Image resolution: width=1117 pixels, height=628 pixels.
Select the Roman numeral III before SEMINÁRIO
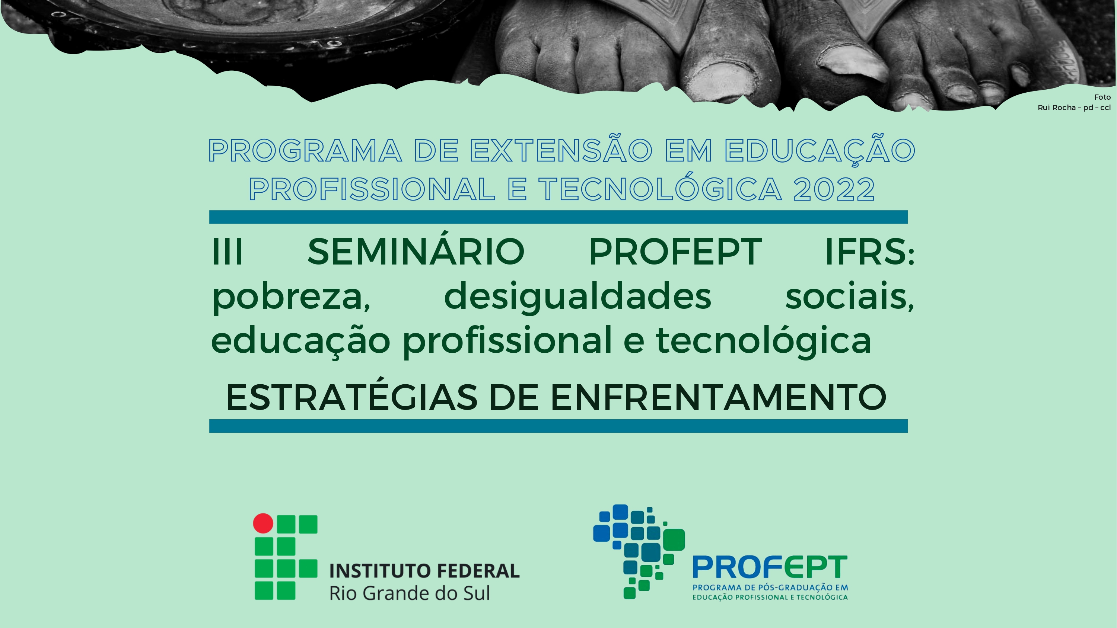227,252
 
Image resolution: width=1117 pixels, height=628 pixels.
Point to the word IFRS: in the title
869,252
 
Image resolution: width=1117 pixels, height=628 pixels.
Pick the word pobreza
291,297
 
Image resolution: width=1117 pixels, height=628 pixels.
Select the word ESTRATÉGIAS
351,397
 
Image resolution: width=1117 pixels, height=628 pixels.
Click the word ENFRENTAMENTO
718,397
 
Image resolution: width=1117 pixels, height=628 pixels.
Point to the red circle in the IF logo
263,523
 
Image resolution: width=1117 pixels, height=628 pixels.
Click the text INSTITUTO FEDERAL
424,571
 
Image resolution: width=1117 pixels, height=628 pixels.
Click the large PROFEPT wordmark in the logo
770,567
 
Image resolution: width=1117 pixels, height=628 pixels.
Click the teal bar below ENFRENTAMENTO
558,426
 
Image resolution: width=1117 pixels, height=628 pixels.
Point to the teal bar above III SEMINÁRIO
558,217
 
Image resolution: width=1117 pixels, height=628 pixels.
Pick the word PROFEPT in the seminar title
675,252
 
